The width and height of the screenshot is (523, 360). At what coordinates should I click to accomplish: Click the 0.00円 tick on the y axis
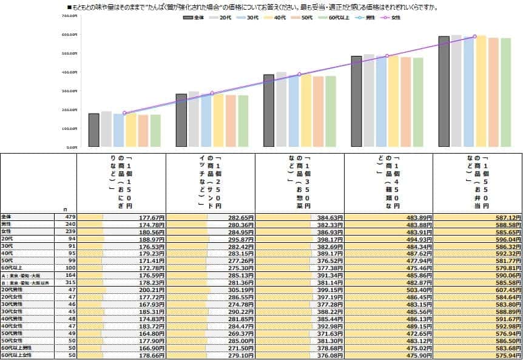[71, 147]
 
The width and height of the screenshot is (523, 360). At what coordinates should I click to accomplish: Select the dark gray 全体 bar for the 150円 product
[93, 130]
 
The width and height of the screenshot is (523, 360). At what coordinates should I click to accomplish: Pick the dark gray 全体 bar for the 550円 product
[444, 91]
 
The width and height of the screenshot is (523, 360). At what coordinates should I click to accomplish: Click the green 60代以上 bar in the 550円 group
[506, 92]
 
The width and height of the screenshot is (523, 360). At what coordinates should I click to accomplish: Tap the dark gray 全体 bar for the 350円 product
[269, 110]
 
